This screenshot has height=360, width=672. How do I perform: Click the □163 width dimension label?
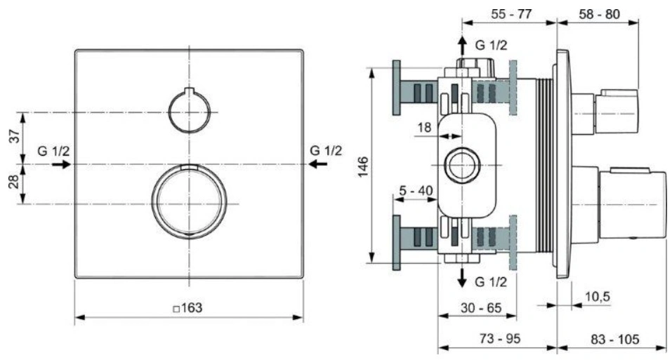pyautogui.click(x=187, y=308)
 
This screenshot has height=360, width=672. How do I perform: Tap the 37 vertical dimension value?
pyautogui.click(x=14, y=136)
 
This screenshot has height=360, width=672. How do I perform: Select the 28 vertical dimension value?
pyautogui.click(x=14, y=182)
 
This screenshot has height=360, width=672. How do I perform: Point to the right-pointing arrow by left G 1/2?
pyautogui.click(x=61, y=164)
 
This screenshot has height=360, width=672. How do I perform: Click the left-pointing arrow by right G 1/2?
pyautogui.click(x=318, y=164)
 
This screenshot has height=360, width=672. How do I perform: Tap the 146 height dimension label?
pyautogui.click(x=363, y=167)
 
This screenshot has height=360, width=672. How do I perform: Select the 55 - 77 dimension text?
pyautogui.click(x=511, y=14)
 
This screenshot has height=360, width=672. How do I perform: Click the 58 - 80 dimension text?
pyautogui.click(x=599, y=14)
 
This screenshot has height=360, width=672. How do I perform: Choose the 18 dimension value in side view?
pyautogui.click(x=424, y=127)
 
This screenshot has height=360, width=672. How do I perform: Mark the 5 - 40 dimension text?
pyautogui.click(x=416, y=190)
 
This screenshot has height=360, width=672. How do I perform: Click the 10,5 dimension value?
pyautogui.click(x=598, y=296)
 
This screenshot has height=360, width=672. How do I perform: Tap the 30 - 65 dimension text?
pyautogui.click(x=481, y=307)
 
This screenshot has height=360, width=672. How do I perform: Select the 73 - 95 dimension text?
pyautogui.click(x=500, y=339)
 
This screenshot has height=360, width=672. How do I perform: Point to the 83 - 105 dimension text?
pyautogui.click(x=615, y=340)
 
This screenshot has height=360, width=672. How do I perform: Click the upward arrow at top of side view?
pyautogui.click(x=462, y=46)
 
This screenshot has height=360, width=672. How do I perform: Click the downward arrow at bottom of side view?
pyautogui.click(x=462, y=276)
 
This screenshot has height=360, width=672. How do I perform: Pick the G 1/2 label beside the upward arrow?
pyautogui.click(x=491, y=45)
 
